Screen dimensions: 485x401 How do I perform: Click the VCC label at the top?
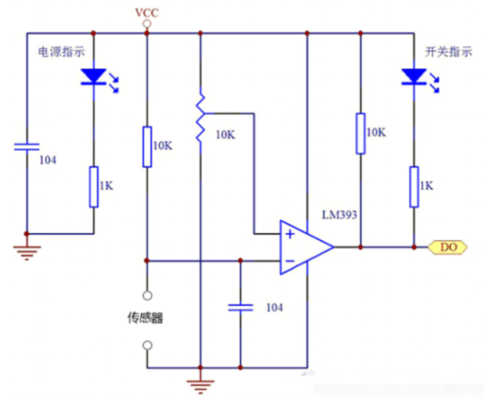[x=147, y=12]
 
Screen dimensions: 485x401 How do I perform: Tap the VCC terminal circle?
[x=147, y=24]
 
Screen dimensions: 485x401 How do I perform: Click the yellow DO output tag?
[x=447, y=247]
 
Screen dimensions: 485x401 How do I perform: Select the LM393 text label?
[x=340, y=215]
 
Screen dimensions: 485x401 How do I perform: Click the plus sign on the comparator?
[x=290, y=235]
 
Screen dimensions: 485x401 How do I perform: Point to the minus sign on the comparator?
[x=290, y=261]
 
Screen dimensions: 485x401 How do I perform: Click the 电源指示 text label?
[x=61, y=52]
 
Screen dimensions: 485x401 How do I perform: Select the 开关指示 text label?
[x=449, y=52]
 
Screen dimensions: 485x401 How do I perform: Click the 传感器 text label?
[x=145, y=318]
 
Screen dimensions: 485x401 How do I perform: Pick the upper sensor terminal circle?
[x=148, y=295]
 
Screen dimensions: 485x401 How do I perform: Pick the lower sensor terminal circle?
[x=148, y=345]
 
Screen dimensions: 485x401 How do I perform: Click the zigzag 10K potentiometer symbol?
[x=200, y=118]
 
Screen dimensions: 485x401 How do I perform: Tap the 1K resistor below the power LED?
[x=94, y=186]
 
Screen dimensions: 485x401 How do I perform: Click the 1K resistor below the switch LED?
[x=414, y=186]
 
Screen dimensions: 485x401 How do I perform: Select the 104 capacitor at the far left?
[x=27, y=147]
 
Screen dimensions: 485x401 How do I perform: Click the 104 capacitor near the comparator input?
[x=241, y=307]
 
